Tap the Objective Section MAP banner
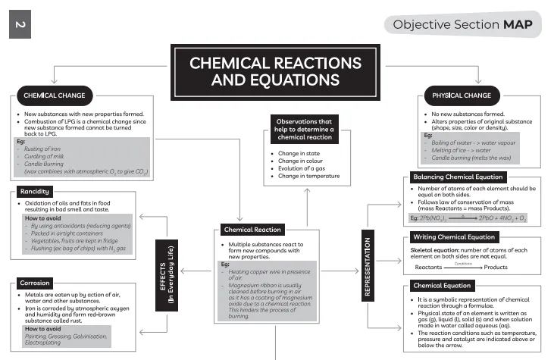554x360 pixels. [462, 25]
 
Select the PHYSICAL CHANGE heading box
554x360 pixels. [461, 96]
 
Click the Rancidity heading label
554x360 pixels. [35, 192]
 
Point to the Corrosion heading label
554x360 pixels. [36, 282]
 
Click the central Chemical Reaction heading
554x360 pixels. [252, 230]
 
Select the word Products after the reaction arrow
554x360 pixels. [496, 268]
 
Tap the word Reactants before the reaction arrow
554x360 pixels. [428, 268]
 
